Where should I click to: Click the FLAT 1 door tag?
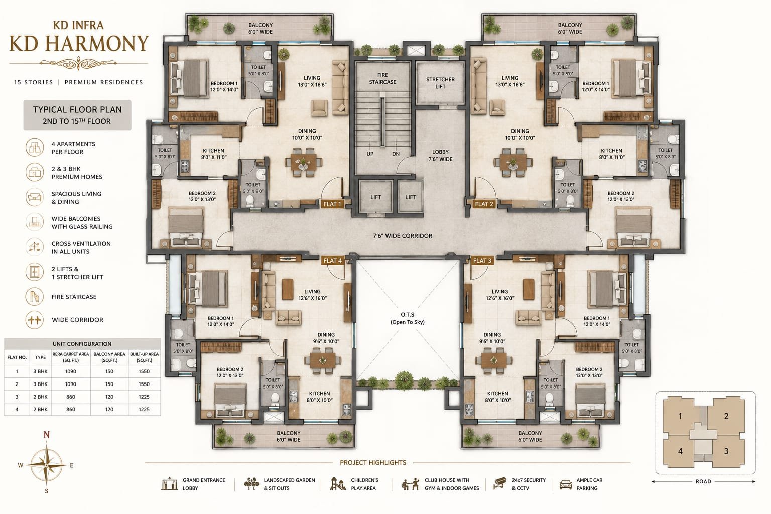tap(332, 204)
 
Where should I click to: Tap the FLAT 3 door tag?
tap(482, 261)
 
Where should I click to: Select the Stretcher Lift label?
tap(440, 83)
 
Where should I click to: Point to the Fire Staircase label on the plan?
tap(382, 78)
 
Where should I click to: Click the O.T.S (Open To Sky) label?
tap(408, 318)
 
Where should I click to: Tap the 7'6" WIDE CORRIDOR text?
tap(403, 236)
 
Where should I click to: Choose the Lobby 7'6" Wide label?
tap(440, 155)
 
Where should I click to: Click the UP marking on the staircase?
tap(370, 154)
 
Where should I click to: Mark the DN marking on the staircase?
tap(396, 154)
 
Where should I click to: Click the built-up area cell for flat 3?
tap(144, 397)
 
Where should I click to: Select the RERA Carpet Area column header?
tap(71, 357)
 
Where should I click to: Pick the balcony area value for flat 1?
tap(109, 371)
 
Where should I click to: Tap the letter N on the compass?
tap(47, 435)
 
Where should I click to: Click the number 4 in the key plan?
tap(680, 451)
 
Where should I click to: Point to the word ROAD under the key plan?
tap(703, 482)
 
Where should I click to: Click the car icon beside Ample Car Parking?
tap(566, 484)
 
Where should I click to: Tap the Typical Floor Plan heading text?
tap(77, 110)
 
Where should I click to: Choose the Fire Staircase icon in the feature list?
tap(35, 297)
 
